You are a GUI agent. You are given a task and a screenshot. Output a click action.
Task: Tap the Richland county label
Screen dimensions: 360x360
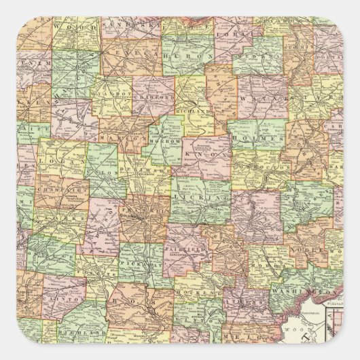(192, 108)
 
